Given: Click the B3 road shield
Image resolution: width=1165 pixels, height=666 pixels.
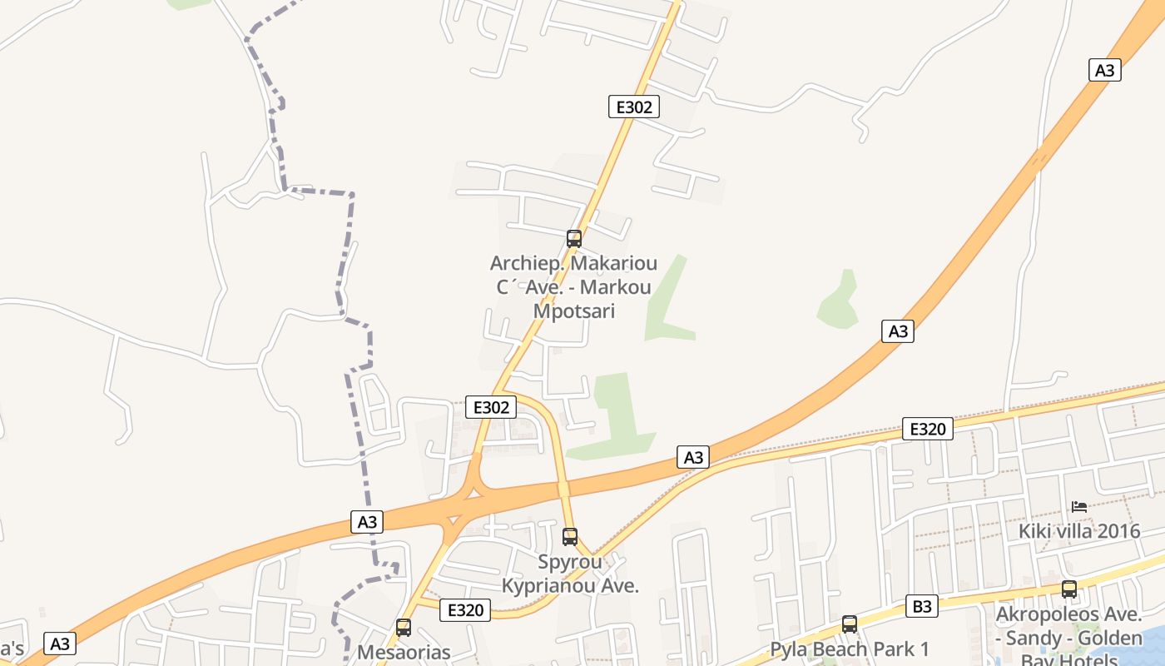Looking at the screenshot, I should click(x=922, y=606).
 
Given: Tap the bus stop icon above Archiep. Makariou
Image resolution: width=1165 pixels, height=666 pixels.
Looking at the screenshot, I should click(x=573, y=239).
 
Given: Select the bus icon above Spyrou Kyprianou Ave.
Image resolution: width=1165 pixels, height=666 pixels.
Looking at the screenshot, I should click(x=569, y=537).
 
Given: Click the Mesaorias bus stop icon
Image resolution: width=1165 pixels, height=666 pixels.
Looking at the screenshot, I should click(x=404, y=628).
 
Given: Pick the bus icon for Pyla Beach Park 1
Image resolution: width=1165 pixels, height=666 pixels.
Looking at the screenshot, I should click(x=849, y=624).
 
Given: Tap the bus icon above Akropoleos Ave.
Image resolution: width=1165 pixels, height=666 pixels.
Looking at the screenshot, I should click(x=1068, y=589).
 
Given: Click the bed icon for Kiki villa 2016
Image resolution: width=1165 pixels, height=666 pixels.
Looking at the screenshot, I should click(x=1079, y=506).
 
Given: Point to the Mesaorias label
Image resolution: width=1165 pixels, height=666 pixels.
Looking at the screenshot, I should click(x=404, y=652).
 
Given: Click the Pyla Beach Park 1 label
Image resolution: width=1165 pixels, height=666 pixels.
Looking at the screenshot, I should click(x=849, y=649).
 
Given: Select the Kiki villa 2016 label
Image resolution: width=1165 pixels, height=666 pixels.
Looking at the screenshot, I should click(x=1079, y=531).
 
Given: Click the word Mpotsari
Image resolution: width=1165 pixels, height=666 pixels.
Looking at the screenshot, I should click(x=574, y=311).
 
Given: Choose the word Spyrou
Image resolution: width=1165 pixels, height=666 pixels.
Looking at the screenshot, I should click(x=570, y=562).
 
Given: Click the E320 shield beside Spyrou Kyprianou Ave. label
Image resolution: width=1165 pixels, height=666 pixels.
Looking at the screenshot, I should click(x=465, y=610).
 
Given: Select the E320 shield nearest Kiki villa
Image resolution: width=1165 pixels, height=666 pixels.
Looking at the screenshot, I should click(x=928, y=430).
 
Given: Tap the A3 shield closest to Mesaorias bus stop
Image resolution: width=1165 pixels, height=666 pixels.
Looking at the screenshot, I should click(x=367, y=522).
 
